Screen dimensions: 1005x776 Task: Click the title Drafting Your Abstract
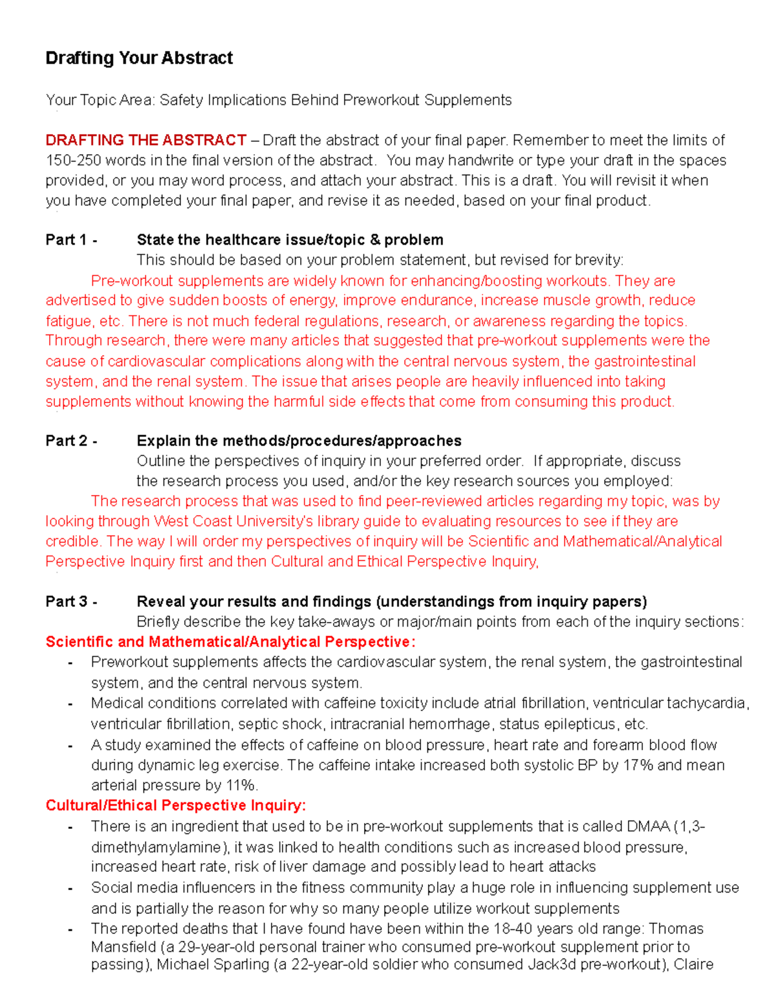pos(139,58)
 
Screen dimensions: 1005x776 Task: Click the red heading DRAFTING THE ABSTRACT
pos(145,140)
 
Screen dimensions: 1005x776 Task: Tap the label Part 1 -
pos(71,240)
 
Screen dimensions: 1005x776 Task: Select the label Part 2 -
pos(71,441)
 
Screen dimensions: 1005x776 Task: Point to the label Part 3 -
pos(71,602)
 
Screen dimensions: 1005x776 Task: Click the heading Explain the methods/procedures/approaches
pos(299,441)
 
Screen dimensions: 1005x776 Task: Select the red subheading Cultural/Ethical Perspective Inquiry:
pos(175,806)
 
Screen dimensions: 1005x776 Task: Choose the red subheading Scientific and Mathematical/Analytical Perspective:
pos(230,642)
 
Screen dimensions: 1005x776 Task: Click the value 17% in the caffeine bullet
pos(638,766)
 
